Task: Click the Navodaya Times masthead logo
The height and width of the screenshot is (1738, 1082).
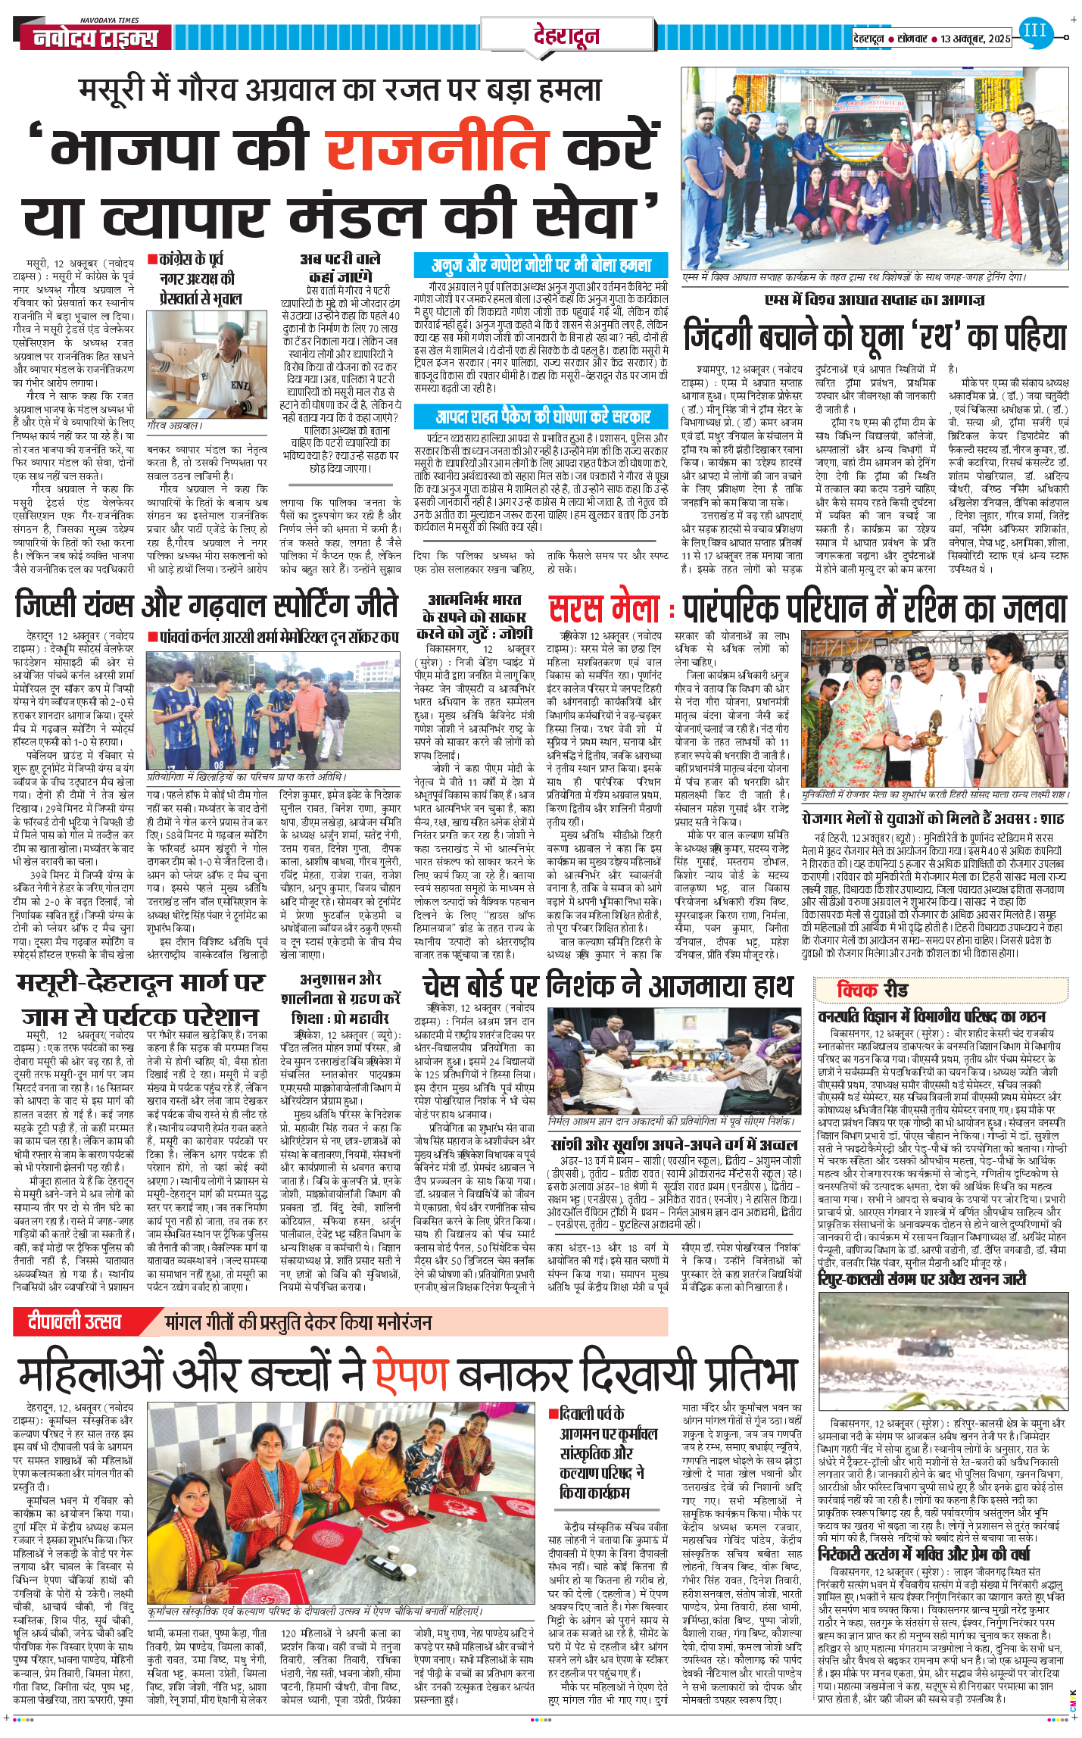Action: tap(95, 37)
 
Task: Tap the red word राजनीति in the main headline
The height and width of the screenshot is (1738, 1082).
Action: tap(438, 148)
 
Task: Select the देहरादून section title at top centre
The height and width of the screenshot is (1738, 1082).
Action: tap(566, 36)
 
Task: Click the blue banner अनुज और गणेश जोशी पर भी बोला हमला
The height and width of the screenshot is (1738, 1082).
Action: tap(541, 265)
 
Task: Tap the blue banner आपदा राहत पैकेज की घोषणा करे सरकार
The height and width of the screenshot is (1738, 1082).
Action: tap(542, 417)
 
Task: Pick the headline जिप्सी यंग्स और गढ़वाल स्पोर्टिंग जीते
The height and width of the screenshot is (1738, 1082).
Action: tap(207, 607)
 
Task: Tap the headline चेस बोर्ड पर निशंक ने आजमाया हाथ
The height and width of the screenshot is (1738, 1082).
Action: tap(607, 986)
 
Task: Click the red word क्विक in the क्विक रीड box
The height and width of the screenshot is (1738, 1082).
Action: tap(857, 990)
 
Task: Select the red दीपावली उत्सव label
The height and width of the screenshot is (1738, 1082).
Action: tap(75, 1322)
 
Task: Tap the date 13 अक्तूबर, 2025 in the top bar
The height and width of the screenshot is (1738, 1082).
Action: tap(974, 38)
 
